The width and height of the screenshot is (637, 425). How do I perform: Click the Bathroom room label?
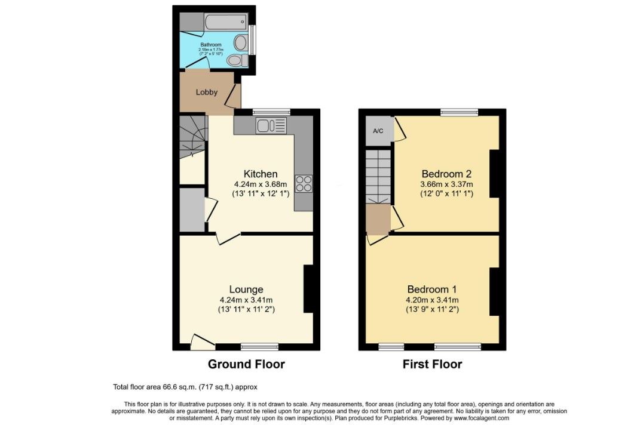coord(211,45)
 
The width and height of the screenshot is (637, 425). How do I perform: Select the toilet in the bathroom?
coord(235,60)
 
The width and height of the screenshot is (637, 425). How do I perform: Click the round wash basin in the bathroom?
coord(240,42)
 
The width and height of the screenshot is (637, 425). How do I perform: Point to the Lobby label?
coord(206,92)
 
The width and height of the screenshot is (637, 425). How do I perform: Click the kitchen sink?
coord(271,125)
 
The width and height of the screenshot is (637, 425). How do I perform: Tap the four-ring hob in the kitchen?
coord(304,184)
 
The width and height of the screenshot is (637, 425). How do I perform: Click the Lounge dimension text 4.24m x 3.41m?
coord(246,300)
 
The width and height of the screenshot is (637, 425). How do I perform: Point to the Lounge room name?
coord(246,290)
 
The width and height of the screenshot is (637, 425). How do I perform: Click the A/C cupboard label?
coord(378,131)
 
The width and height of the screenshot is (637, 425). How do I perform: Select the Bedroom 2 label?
coord(446,174)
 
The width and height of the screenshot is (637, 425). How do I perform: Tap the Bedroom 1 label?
coord(432,290)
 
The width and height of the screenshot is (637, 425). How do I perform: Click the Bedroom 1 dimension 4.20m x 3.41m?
coord(432,300)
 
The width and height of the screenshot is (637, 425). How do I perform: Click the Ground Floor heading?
coord(246,364)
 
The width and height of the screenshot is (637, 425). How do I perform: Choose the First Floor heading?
coord(432,364)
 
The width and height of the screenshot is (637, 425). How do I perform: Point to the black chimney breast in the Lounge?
coord(308,289)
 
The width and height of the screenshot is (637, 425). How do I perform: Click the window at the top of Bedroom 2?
coord(460,112)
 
